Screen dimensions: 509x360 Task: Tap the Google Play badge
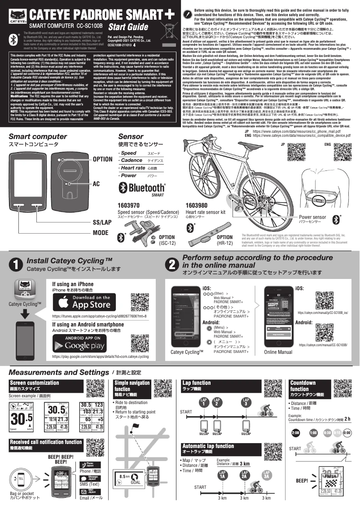coord(81,343)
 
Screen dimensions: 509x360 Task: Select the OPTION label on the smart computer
coord(102,159)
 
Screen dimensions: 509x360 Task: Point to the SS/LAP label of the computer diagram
coord(102,222)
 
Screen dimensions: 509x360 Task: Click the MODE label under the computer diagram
coord(101,233)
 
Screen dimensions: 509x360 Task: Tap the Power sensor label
coord(312,218)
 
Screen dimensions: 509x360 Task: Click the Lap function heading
coord(196,383)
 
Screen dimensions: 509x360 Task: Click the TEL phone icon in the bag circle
coord(21,479)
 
